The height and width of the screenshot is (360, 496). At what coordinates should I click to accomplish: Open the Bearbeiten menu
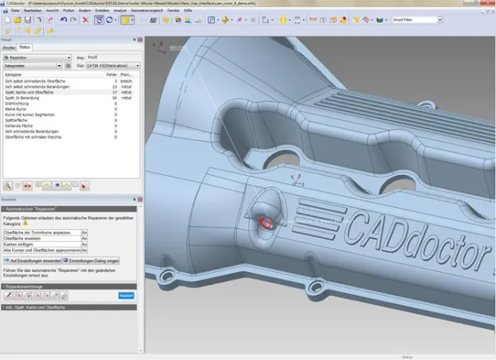(33, 11)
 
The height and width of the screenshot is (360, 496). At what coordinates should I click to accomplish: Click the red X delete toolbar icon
(86, 20)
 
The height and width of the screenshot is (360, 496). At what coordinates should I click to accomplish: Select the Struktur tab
(9, 47)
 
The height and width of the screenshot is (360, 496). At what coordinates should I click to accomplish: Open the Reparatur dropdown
(37, 57)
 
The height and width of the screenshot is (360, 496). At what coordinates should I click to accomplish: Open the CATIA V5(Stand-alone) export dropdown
(113, 66)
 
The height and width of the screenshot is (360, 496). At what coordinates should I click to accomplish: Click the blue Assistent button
(126, 296)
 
